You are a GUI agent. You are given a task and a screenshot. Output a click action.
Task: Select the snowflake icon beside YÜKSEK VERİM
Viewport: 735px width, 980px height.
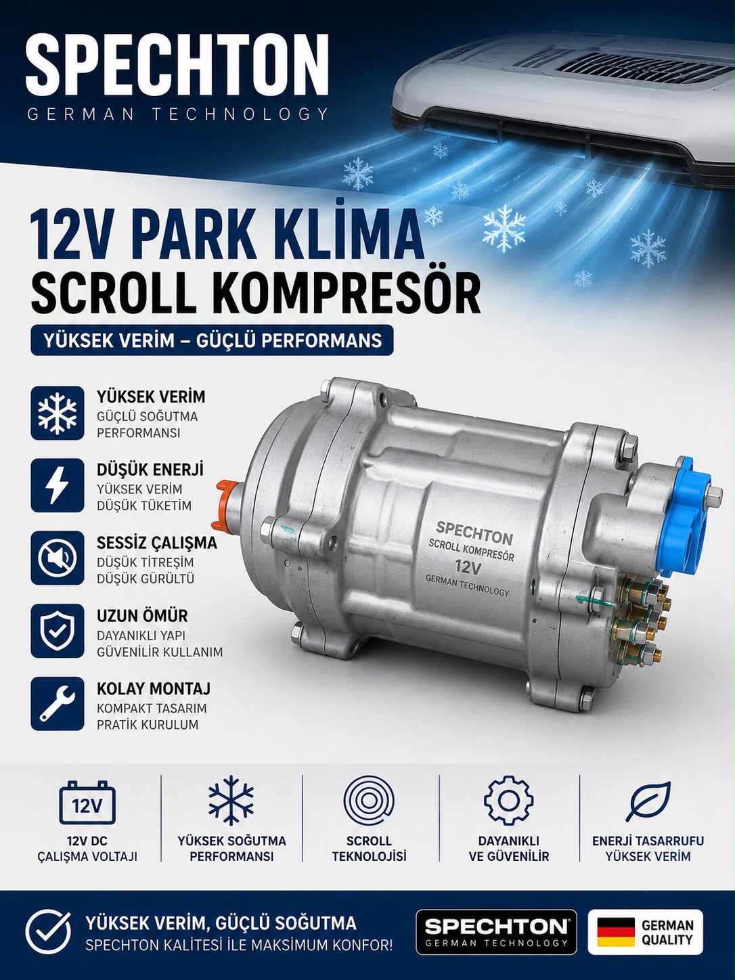click(57, 413)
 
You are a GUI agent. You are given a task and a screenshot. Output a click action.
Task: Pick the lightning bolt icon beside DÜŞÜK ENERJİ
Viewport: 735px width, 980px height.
click(57, 485)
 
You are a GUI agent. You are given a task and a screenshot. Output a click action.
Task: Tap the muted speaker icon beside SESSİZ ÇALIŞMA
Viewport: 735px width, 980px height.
click(57, 558)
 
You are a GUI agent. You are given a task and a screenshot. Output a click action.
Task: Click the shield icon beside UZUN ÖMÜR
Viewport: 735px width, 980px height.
click(57, 630)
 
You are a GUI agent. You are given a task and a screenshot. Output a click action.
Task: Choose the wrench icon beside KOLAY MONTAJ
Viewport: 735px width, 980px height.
click(57, 703)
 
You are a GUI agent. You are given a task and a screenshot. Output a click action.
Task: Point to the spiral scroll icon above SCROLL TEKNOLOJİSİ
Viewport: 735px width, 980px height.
click(369, 800)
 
